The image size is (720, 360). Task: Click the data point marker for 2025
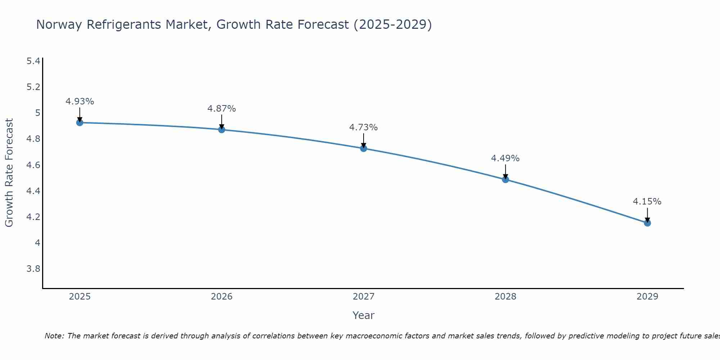pyautogui.click(x=80, y=123)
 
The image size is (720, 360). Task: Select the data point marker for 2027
pyautogui.click(x=364, y=148)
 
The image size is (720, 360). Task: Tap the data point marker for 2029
pyautogui.click(x=647, y=223)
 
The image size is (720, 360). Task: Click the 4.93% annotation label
pyautogui.click(x=80, y=102)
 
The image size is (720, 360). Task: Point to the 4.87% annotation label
pyautogui.click(x=221, y=109)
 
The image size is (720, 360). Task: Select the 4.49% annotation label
pyautogui.click(x=505, y=158)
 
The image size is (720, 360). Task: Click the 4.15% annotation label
pyautogui.click(x=647, y=202)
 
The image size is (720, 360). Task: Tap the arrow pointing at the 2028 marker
pyautogui.click(x=505, y=172)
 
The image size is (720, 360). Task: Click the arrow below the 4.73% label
pyautogui.click(x=364, y=141)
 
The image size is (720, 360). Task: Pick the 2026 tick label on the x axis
pyautogui.click(x=221, y=297)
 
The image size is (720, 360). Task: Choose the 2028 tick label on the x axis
pyautogui.click(x=505, y=297)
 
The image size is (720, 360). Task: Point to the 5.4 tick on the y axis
pyautogui.click(x=33, y=61)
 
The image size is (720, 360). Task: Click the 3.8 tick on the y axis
pyautogui.click(x=33, y=269)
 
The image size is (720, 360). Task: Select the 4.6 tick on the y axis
pyautogui.click(x=33, y=165)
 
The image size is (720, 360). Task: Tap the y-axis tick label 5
pyautogui.click(x=37, y=113)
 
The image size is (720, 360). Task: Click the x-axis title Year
pyautogui.click(x=363, y=315)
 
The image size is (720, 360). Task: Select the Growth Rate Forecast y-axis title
pyautogui.click(x=9, y=173)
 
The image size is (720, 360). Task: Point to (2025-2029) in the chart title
pyautogui.click(x=392, y=24)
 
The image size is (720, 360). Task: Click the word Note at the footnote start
pyautogui.click(x=54, y=336)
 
